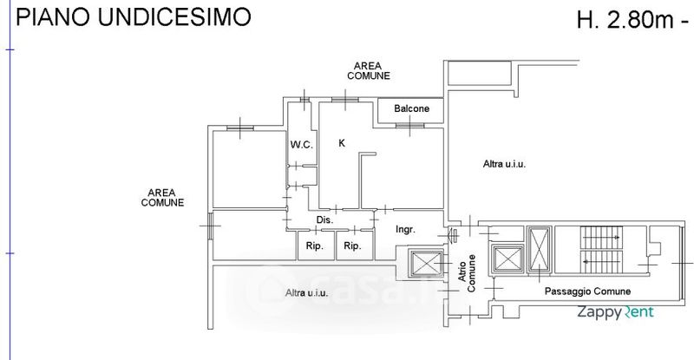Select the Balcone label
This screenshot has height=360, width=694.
point(411,109)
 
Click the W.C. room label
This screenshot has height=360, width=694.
point(301,144)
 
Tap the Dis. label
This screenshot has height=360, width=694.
point(325,220)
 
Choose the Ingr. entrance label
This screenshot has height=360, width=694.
point(405,230)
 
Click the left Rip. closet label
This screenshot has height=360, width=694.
point(314,246)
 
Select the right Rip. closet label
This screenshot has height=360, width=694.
point(351,246)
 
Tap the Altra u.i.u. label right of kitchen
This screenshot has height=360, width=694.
point(505,163)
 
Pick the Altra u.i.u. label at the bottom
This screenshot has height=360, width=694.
point(306,293)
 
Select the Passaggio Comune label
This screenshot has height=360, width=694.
point(587,291)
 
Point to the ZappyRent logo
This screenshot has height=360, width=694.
point(617,313)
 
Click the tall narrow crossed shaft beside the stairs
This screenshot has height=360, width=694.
point(539,248)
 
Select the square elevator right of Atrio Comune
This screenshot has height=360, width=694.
point(505,259)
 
